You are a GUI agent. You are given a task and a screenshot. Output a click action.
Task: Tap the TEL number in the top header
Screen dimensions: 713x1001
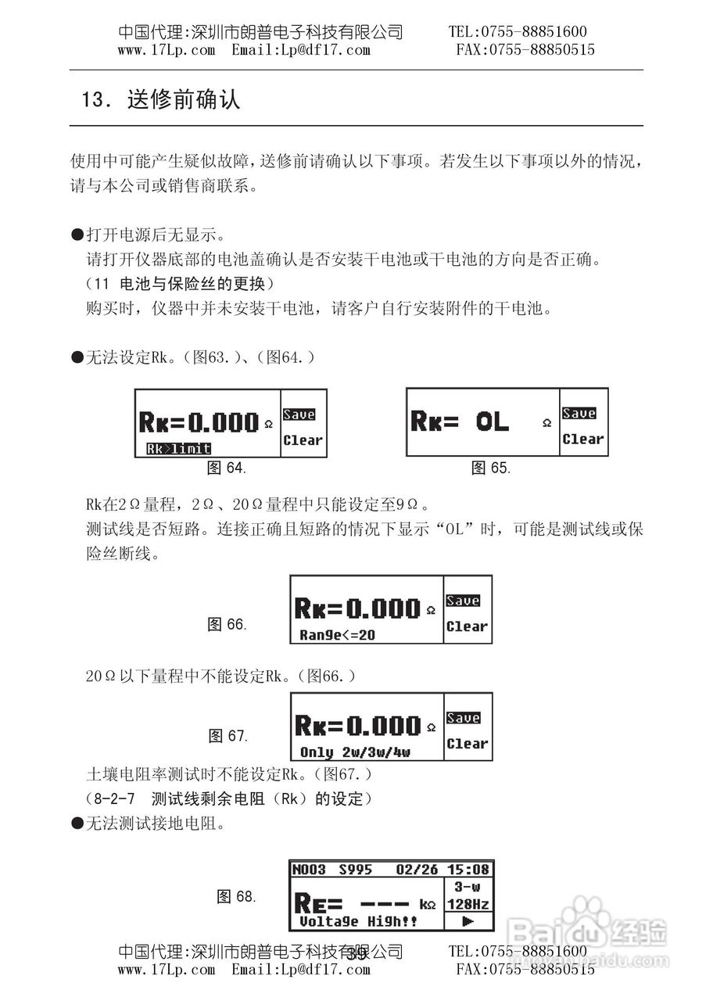click(x=518, y=32)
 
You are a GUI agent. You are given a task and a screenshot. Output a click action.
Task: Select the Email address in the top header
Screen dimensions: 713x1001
click(x=301, y=50)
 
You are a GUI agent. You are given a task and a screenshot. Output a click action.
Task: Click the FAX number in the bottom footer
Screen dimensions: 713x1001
click(x=525, y=970)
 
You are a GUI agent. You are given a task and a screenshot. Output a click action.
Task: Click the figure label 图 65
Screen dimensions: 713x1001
click(x=491, y=468)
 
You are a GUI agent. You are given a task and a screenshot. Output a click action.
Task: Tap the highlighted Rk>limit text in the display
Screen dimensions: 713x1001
click(x=178, y=449)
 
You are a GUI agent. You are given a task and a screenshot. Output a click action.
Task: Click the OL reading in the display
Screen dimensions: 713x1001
click(x=492, y=423)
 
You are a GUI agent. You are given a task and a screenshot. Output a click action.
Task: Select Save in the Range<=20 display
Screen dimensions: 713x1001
click(x=463, y=601)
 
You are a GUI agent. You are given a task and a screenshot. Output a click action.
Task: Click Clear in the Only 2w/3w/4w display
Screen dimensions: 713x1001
click(x=467, y=744)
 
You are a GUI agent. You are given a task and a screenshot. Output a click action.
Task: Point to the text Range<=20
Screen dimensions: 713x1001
click(x=337, y=635)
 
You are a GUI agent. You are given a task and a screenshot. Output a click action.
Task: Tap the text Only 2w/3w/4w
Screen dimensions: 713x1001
click(x=355, y=752)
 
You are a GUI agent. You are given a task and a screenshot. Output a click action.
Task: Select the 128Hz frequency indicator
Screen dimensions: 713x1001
click(x=468, y=904)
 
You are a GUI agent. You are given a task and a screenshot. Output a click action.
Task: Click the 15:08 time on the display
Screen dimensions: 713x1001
click(x=468, y=870)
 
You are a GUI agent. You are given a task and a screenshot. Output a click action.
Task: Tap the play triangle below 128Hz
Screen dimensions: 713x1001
click(x=468, y=921)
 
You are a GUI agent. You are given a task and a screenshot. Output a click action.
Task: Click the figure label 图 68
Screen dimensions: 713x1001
click(x=236, y=897)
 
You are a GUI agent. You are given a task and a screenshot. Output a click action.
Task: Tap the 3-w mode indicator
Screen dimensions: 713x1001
click(x=468, y=887)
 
